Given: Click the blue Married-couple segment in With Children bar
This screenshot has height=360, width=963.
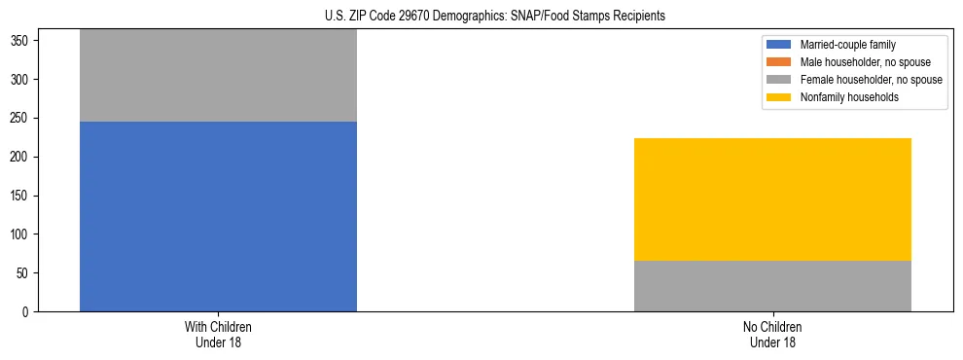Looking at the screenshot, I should (218, 216).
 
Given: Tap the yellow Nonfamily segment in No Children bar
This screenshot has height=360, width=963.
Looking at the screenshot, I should (772, 199).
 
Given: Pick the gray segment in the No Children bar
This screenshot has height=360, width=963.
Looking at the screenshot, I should (772, 286).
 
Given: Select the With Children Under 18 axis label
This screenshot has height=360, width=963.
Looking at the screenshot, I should (218, 335).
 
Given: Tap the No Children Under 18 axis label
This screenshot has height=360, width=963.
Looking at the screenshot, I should (772, 335).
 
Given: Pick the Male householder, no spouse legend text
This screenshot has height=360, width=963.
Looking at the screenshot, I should (858, 62).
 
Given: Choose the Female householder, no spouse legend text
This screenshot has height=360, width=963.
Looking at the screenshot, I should (871, 80).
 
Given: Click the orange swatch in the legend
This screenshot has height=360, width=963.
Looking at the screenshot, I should (779, 62).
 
